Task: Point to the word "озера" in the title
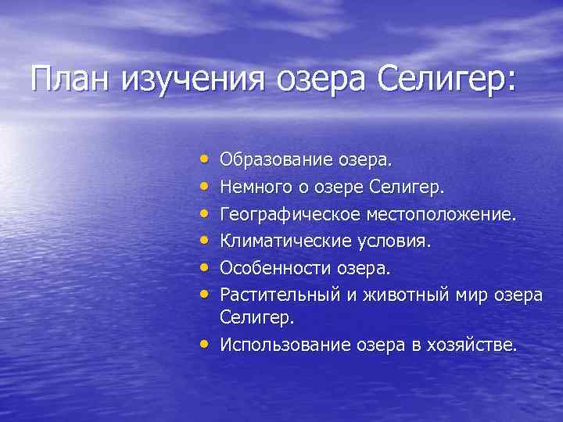307,80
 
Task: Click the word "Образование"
280,159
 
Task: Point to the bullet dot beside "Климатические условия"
204,240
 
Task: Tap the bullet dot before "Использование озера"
204,344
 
